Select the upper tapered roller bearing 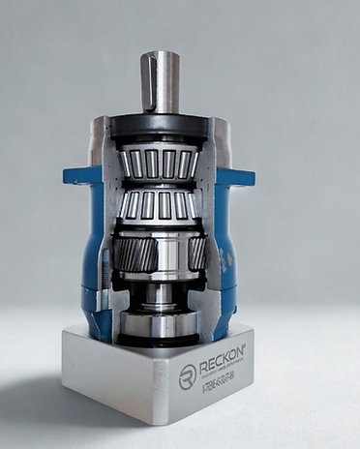160,163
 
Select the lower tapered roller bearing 160,204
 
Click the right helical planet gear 196,254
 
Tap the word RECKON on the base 221,367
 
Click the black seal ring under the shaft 160,123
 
